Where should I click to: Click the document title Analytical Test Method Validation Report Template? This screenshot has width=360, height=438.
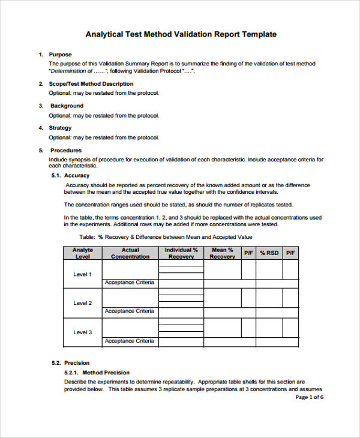click(x=181, y=34)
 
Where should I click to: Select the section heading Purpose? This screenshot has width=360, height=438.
click(x=61, y=55)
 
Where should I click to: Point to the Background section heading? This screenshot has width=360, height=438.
click(x=67, y=106)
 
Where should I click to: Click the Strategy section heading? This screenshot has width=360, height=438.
click(x=61, y=128)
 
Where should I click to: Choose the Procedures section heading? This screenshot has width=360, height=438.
click(x=65, y=150)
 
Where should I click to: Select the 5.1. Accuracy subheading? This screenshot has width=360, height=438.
click(x=70, y=175)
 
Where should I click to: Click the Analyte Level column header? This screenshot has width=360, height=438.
click(x=82, y=253)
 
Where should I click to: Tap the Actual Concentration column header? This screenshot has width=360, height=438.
click(x=130, y=253)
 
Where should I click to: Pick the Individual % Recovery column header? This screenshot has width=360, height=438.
click(x=181, y=253)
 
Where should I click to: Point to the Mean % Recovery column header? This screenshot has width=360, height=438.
click(x=222, y=253)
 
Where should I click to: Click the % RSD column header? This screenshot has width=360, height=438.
click(x=269, y=253)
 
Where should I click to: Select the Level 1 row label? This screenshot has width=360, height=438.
click(x=82, y=274)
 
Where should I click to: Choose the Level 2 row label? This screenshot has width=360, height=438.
click(x=82, y=303)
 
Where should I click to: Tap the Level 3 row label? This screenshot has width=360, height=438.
click(x=82, y=332)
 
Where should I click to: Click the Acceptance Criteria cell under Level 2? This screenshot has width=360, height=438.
click(x=130, y=311)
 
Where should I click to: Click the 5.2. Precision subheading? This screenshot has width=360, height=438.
click(x=70, y=362)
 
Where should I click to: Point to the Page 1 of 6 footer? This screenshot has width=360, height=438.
click(x=310, y=397)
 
